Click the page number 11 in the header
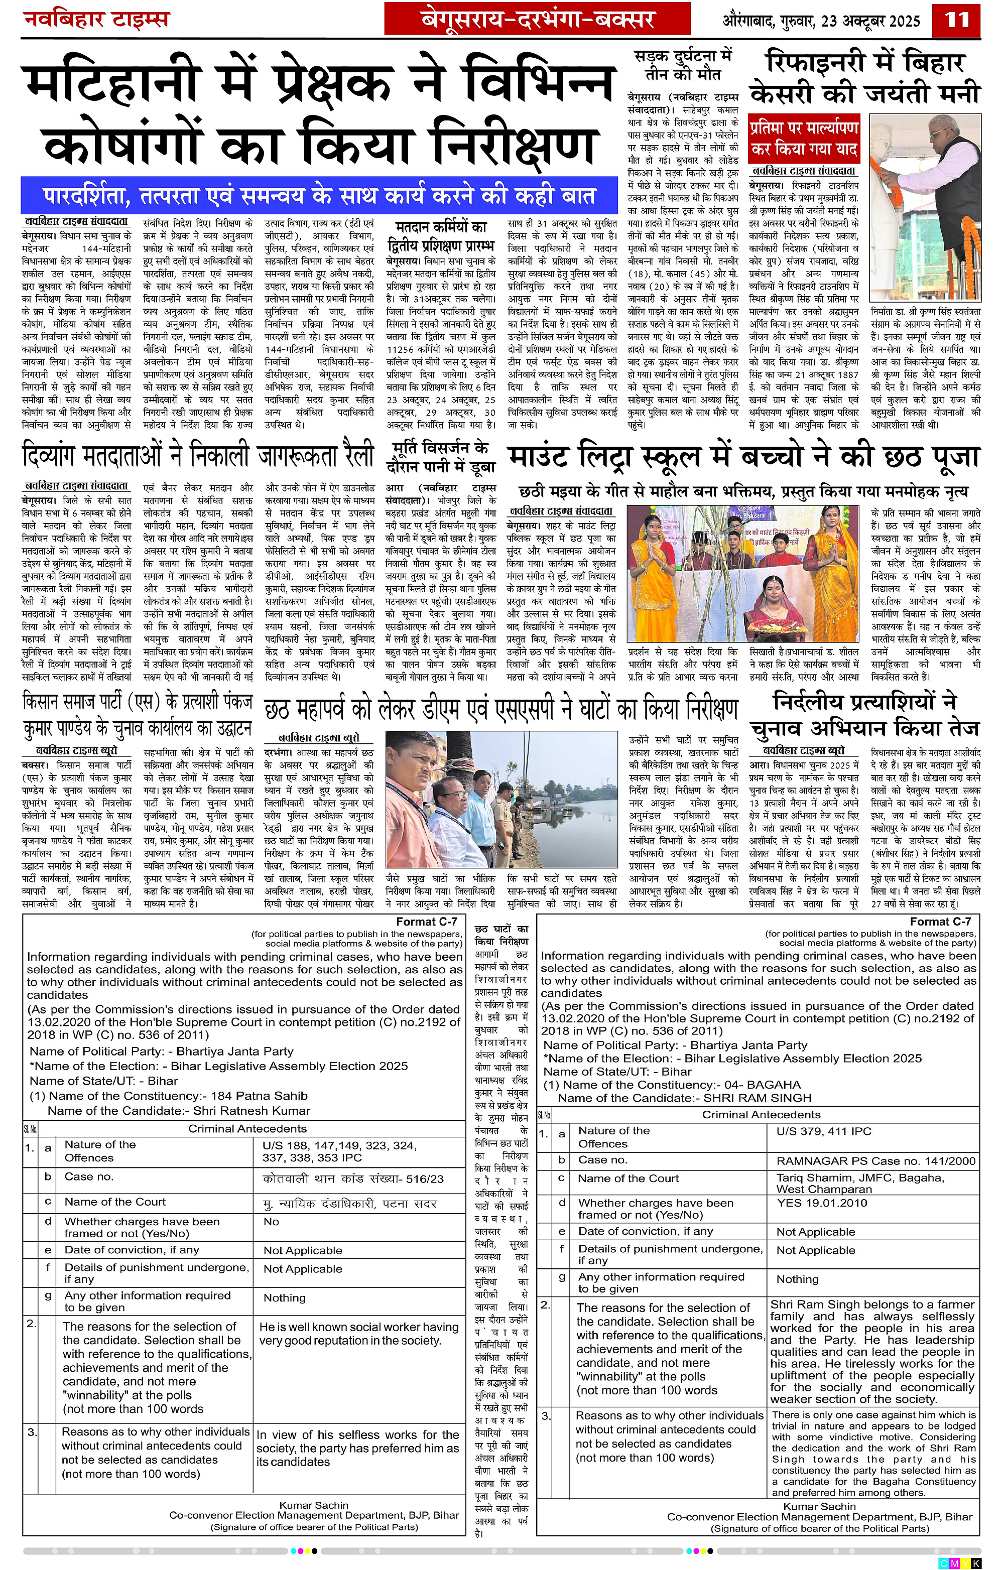tap(957, 20)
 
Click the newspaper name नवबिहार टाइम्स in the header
tap(96, 20)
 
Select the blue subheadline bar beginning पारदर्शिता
tap(319, 196)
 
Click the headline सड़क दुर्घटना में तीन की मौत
tap(683, 65)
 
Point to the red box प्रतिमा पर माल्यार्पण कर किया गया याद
tap(804, 138)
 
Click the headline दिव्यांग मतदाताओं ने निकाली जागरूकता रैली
tap(198, 455)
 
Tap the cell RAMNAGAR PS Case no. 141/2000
tap(875, 1160)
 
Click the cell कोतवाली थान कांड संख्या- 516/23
tap(353, 1179)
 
